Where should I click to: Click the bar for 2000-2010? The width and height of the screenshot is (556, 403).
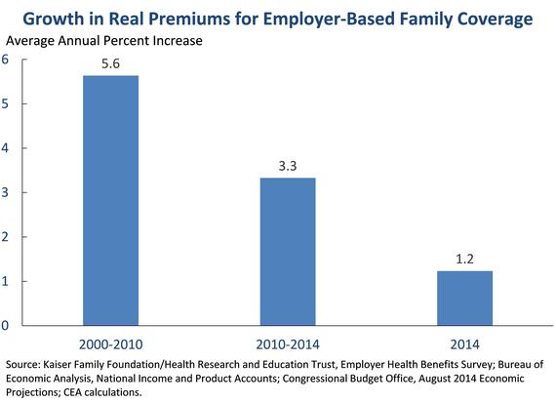click(110, 200)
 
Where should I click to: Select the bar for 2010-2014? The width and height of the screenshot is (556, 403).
click(288, 252)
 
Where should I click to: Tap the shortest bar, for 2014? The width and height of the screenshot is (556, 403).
click(464, 299)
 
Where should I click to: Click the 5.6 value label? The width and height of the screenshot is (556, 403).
click(110, 63)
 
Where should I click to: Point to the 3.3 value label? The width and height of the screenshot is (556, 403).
click(288, 166)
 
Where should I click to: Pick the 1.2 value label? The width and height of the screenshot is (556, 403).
click(464, 259)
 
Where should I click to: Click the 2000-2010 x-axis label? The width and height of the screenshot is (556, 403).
click(110, 344)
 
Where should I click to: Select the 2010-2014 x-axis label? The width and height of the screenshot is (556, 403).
click(288, 344)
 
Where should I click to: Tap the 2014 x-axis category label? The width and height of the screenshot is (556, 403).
click(464, 344)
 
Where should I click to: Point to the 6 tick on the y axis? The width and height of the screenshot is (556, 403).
click(5, 60)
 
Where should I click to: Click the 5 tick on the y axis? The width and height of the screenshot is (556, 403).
click(5, 103)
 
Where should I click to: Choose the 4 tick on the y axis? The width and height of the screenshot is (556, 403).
click(5, 148)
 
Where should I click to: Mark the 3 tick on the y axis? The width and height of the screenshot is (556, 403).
click(5, 192)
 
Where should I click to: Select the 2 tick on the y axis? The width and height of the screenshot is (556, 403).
click(5, 236)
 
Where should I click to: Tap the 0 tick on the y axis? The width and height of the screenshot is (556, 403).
click(5, 325)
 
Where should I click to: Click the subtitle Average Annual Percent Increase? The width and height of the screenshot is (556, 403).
click(104, 41)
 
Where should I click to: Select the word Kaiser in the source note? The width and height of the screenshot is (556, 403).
click(54, 365)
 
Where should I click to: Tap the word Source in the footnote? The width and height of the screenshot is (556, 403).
click(22, 365)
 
